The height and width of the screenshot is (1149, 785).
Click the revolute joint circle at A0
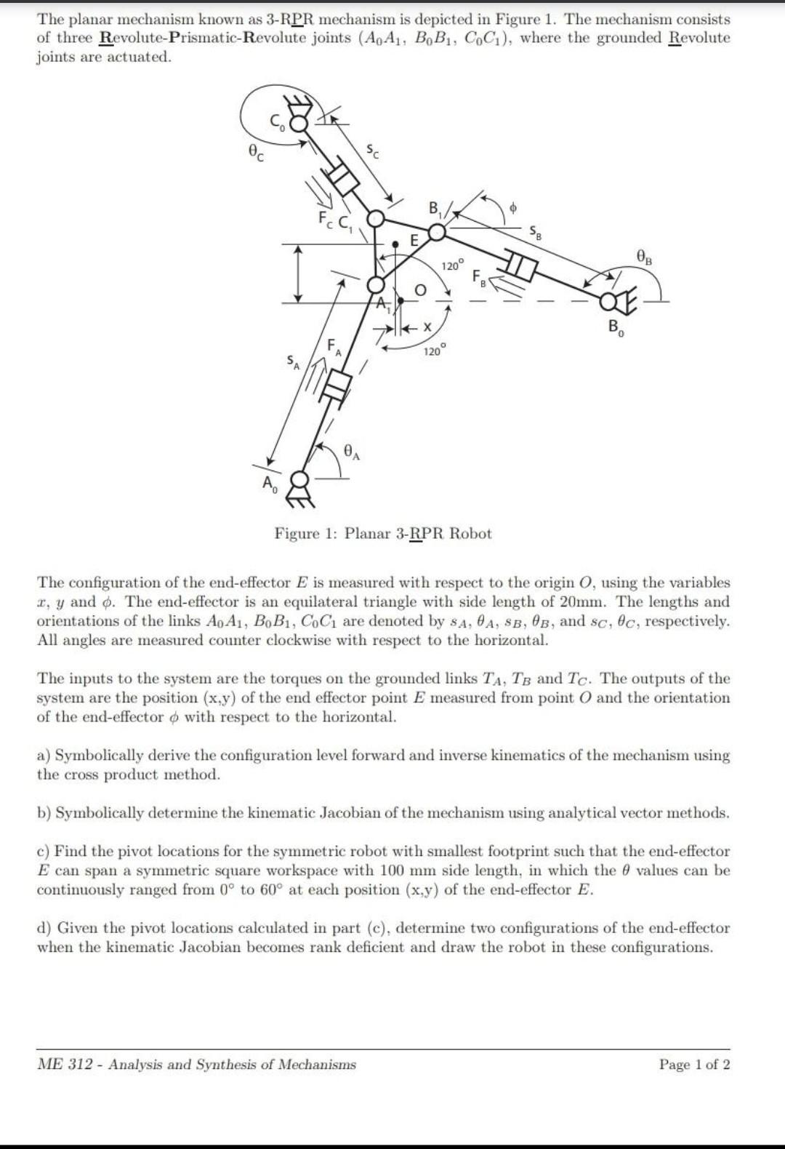coord(298,481)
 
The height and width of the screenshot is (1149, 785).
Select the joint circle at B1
coord(436,232)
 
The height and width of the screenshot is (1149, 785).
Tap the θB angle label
coord(644,255)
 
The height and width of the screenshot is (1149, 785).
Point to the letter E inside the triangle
coord(414,240)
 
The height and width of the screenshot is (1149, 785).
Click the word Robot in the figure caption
coord(470,534)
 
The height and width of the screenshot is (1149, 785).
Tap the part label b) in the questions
coord(44,813)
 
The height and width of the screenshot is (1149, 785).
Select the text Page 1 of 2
coord(694,1065)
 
